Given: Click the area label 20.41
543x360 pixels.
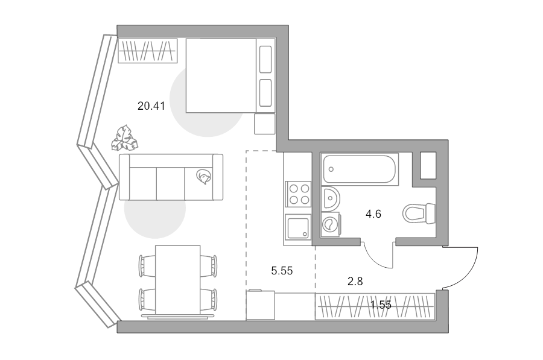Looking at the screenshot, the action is coord(151,106).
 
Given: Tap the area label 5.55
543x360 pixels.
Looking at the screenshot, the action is coord(282,271).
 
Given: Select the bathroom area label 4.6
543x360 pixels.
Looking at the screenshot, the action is coord(373,214).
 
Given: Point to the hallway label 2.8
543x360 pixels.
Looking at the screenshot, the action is coord(355,282).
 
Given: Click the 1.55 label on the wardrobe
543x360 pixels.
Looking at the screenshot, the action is coord(381,305).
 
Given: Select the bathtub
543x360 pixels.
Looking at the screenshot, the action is coord(360,169).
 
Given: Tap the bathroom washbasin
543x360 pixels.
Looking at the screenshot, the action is coord(331,198).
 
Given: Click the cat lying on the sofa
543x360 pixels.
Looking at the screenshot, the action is coord(203,177).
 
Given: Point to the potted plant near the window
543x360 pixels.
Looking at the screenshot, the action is coord(124,138).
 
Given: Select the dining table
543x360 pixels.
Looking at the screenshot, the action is coord(177,280).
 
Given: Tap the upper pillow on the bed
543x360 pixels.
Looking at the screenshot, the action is coord(265,60).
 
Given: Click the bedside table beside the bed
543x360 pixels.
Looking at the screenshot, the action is coord(265,124).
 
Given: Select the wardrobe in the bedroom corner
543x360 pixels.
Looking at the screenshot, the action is coord(148,51).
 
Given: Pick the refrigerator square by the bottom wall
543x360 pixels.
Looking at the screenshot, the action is coord(261,305).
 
